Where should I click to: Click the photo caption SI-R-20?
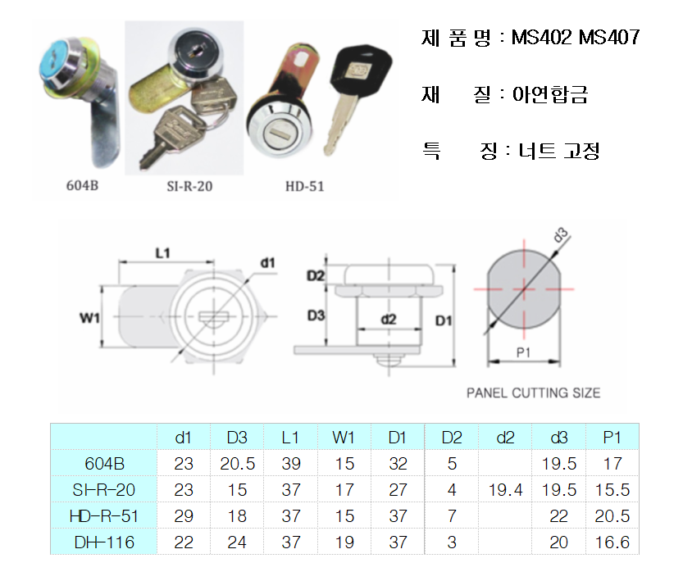(189, 187)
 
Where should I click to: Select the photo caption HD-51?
(304, 187)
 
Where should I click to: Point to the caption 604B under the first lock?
(82, 185)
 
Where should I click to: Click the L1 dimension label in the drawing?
(162, 253)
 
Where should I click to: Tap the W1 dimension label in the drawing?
(89, 318)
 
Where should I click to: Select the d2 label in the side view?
(389, 320)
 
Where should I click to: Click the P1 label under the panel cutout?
(523, 352)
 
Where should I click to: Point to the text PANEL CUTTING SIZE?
(533, 393)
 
